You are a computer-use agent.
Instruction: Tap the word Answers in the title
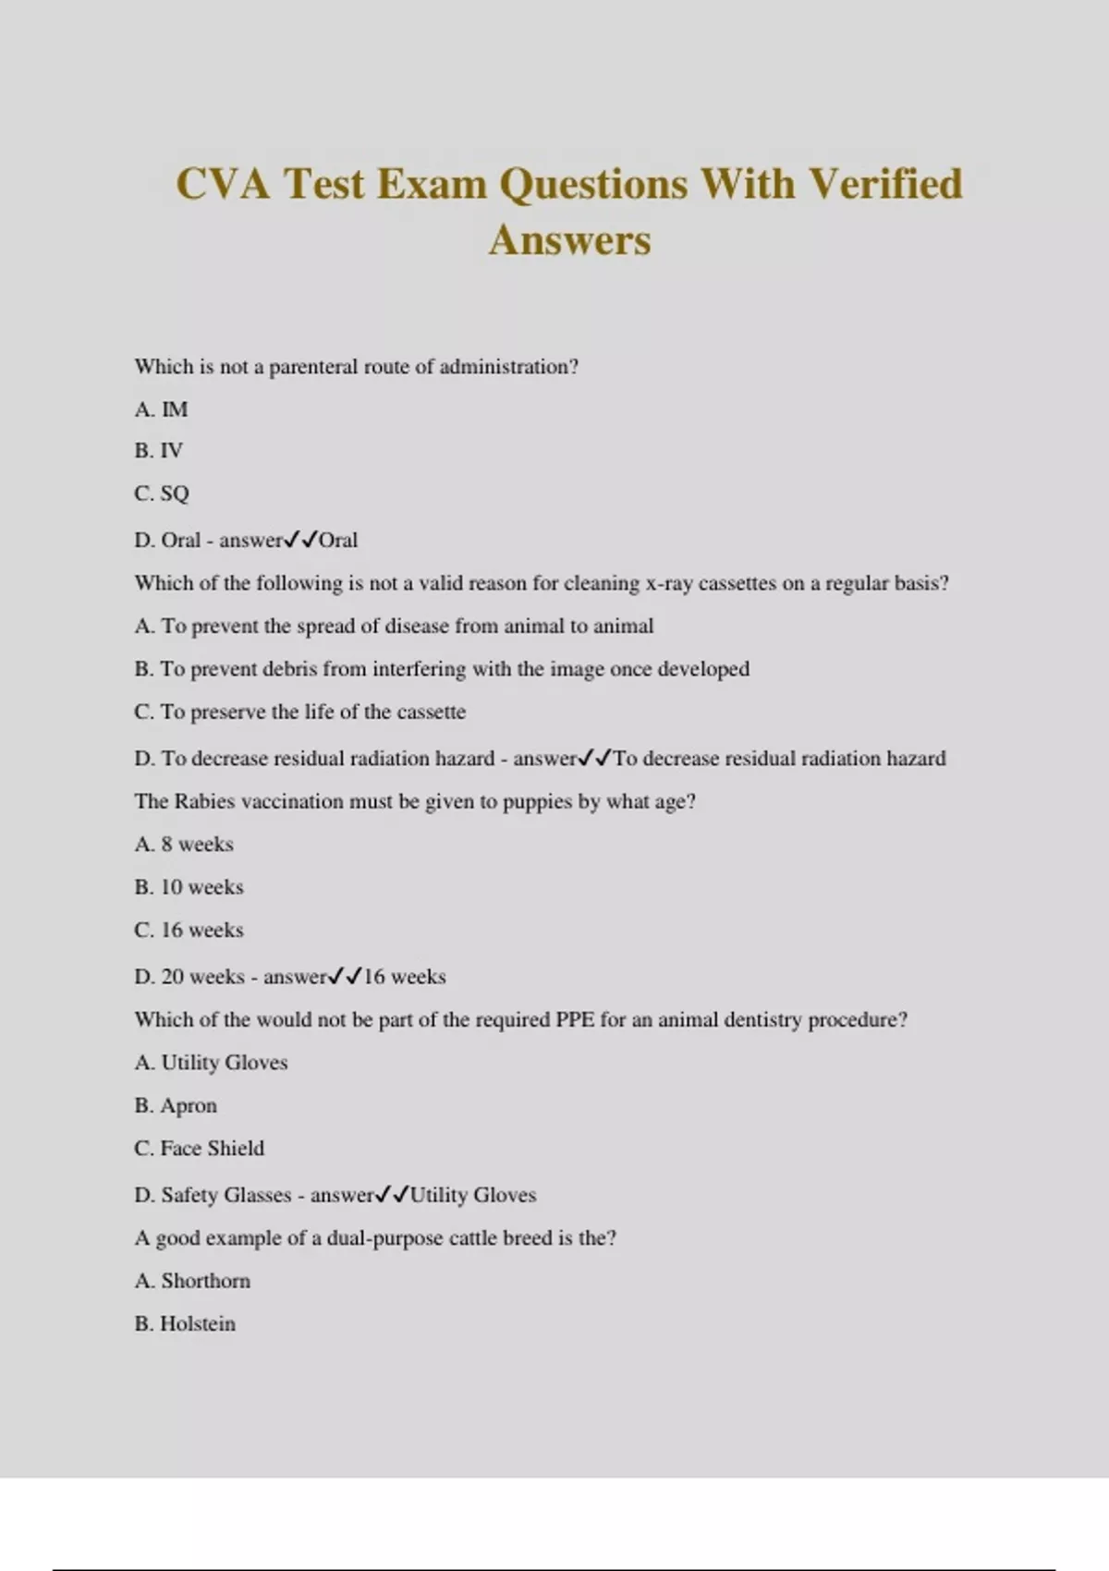[569, 240]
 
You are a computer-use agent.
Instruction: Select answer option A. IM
[161, 409]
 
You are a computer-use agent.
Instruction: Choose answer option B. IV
[159, 451]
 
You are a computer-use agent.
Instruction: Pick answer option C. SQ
[162, 493]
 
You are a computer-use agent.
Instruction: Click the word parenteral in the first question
[312, 367]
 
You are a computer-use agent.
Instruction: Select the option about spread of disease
[394, 627]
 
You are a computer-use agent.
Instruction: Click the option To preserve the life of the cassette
[299, 712]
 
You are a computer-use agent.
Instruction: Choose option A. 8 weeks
[184, 845]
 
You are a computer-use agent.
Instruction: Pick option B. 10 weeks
[189, 887]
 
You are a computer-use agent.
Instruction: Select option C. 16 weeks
[189, 931]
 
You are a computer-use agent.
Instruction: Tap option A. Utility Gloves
[211, 1063]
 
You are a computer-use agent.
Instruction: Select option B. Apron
[176, 1106]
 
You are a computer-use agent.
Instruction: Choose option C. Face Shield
[199, 1149]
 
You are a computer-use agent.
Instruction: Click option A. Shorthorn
[192, 1281]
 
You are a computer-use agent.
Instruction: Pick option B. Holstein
[185, 1324]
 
